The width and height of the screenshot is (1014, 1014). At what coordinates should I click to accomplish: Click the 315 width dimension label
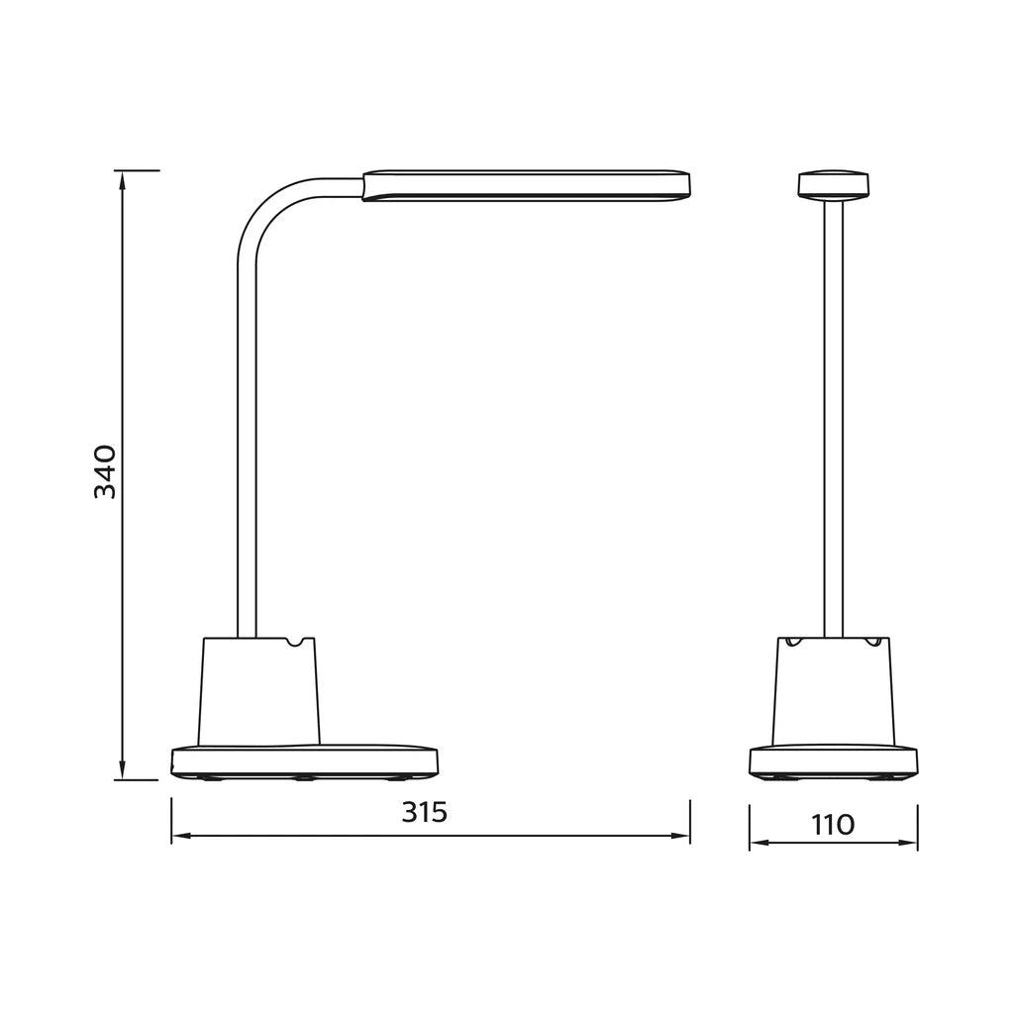coord(424,812)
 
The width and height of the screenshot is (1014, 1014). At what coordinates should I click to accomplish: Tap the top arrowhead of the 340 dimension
coord(122,178)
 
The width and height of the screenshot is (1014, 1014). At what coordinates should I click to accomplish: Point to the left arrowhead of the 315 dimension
coord(179,837)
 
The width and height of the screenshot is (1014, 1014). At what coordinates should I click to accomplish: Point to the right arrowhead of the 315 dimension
coord(682,837)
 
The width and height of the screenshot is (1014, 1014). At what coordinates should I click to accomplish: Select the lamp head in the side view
coord(525,185)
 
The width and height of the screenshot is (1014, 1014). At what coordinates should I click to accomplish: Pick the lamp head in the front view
coord(833,185)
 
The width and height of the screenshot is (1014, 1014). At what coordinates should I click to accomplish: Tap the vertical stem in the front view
coord(833,416)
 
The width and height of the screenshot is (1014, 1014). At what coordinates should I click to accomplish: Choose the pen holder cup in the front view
coord(833,693)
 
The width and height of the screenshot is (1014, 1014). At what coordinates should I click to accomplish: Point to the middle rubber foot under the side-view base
coord(303,778)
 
